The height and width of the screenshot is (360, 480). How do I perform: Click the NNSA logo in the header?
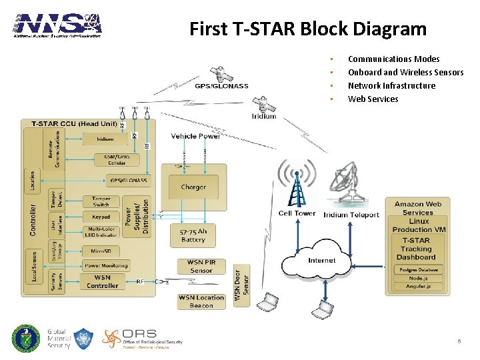(58, 25)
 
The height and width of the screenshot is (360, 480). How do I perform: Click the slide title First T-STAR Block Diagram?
(307, 29)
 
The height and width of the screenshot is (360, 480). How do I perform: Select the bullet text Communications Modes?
(393, 59)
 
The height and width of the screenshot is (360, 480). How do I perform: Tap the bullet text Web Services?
(373, 99)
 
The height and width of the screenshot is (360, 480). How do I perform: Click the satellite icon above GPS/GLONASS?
(219, 73)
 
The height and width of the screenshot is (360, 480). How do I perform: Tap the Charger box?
(193, 187)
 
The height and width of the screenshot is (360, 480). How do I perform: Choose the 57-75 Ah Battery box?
(193, 235)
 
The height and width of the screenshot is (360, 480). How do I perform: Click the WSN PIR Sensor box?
(201, 267)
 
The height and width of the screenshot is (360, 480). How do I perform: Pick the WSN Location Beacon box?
(201, 301)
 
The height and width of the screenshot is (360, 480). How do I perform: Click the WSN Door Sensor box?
(241, 283)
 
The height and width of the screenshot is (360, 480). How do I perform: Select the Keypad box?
(101, 217)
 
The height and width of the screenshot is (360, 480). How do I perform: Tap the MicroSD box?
(101, 251)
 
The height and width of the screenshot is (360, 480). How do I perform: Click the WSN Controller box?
(102, 281)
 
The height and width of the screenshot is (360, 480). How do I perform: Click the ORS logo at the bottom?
(142, 339)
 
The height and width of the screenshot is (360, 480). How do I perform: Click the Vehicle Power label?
(195, 136)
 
